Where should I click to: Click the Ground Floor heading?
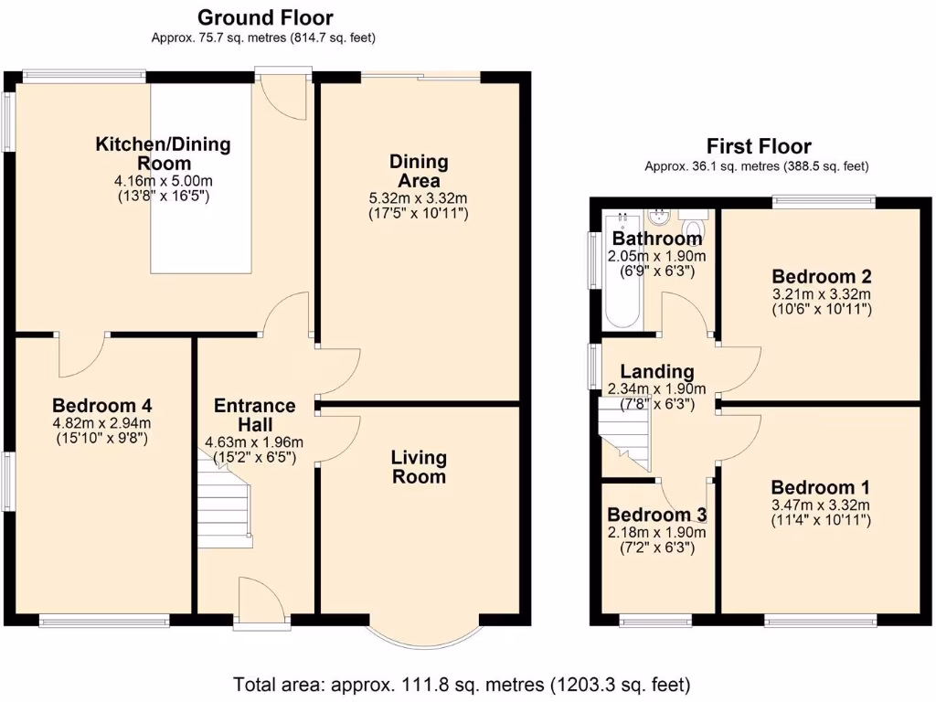tap(265, 17)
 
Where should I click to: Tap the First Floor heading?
tap(759, 146)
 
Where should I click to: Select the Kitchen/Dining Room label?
tap(164, 153)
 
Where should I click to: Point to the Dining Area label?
tap(420, 171)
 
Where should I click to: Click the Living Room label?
tap(419, 466)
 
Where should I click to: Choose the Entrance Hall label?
tap(255, 415)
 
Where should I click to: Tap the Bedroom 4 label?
tap(101, 406)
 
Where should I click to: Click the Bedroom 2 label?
tap(821, 276)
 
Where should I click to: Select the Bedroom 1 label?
tap(820, 486)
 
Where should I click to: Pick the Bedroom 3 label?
tap(656, 514)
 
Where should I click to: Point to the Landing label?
tap(656, 372)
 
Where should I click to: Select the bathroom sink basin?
tap(659, 218)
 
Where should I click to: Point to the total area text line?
tap(462, 684)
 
